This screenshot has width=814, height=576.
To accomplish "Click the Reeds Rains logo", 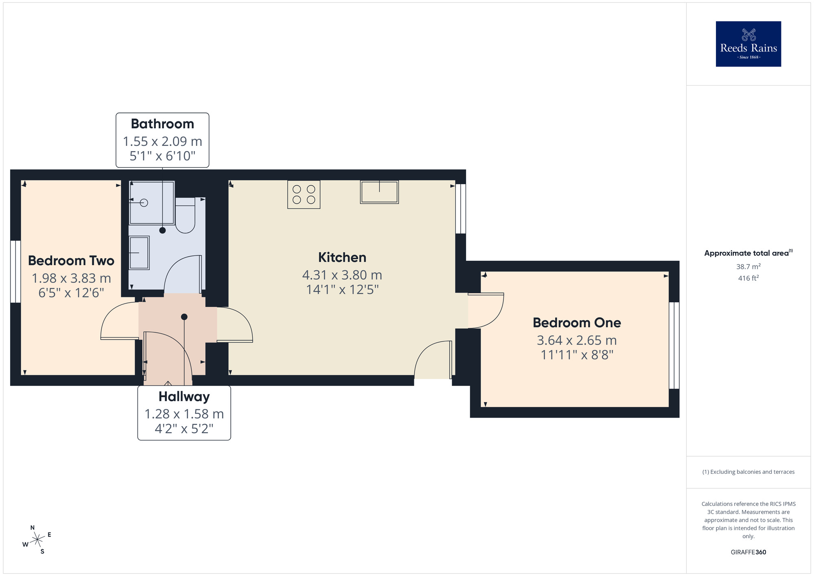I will coord(748,44).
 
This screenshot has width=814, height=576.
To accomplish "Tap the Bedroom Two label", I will coord(71,261).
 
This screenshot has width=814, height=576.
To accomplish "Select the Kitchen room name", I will coord(342,257).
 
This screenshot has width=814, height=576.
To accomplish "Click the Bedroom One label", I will coord(577,323).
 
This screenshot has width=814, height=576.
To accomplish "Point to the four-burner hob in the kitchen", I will coord(304,195).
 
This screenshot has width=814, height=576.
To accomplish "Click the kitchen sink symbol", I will coord(379,192).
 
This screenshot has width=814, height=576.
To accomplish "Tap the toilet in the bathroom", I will coord(185,216).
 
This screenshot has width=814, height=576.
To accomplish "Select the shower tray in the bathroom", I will coord(152,202).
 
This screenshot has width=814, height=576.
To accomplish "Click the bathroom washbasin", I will coord(139,253).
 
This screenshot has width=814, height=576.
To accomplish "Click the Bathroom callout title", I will coord(162,124).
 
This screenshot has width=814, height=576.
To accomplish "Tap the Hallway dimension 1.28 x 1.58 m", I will coord(184,414).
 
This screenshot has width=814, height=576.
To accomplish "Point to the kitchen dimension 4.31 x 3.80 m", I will coord(342,275).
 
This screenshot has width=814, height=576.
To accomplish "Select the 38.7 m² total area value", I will coord(748,267).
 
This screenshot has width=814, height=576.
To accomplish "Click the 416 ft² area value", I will coord(748,278).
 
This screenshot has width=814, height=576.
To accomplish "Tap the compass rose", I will coord(37,540).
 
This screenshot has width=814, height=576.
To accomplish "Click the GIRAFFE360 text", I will coord(748,552).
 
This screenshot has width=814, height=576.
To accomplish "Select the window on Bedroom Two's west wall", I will coord(15,272).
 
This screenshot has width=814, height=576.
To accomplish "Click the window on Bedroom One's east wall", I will coord(674,345).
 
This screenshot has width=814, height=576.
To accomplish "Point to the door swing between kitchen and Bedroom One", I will coord(486,310).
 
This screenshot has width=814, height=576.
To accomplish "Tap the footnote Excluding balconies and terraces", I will coord(748,472).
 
